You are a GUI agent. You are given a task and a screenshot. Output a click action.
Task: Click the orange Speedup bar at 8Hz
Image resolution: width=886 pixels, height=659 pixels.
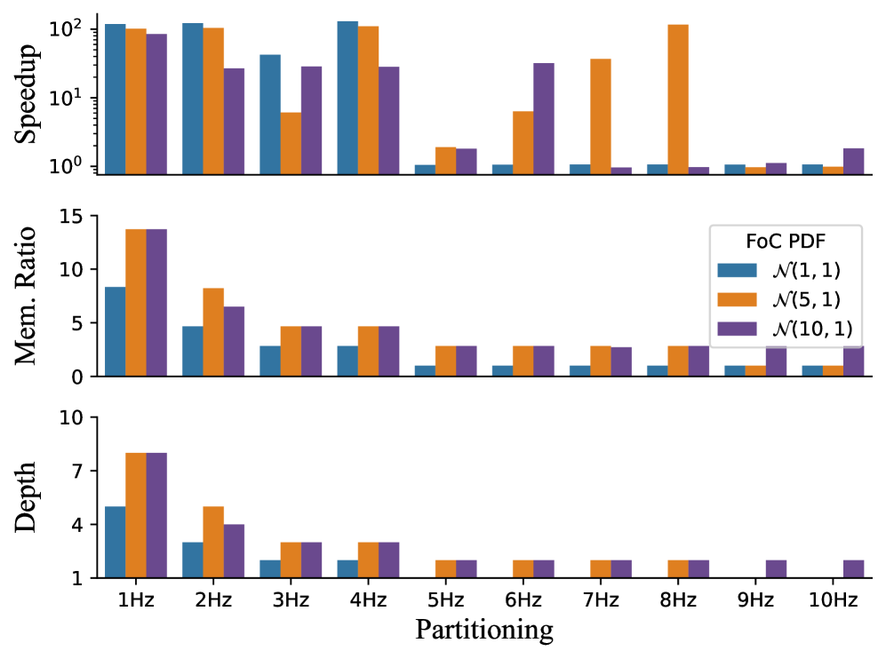point(678,99)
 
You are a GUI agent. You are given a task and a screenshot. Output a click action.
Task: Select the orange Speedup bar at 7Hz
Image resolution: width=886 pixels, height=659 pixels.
point(601,115)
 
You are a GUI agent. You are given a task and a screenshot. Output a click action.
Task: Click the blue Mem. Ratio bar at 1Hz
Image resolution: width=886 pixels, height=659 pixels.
point(115,331)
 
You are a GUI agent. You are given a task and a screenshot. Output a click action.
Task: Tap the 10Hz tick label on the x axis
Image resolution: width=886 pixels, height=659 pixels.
point(834,600)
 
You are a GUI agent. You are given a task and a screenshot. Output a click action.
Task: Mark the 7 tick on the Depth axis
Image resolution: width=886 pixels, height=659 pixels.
point(74,471)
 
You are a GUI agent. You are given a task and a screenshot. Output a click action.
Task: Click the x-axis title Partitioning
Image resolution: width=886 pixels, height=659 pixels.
point(484,631)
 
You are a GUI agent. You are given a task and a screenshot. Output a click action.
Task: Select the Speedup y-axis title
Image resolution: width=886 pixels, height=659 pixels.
point(27,99)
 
